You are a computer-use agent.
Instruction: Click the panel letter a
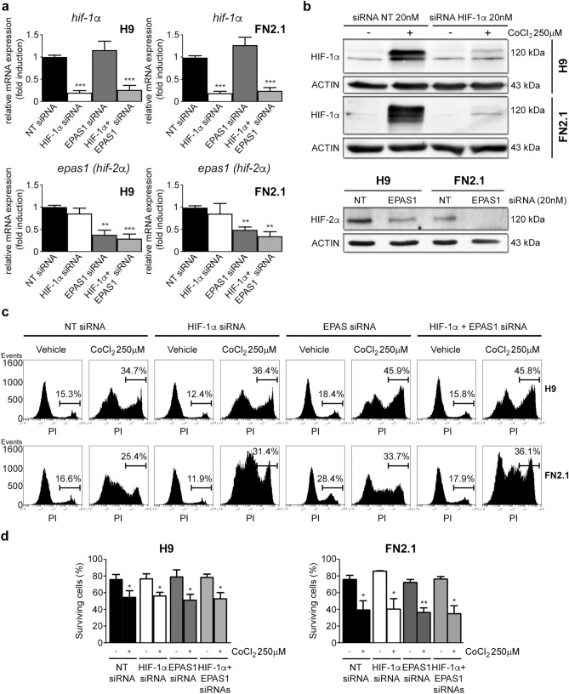pyautogui.click(x=6, y=8)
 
